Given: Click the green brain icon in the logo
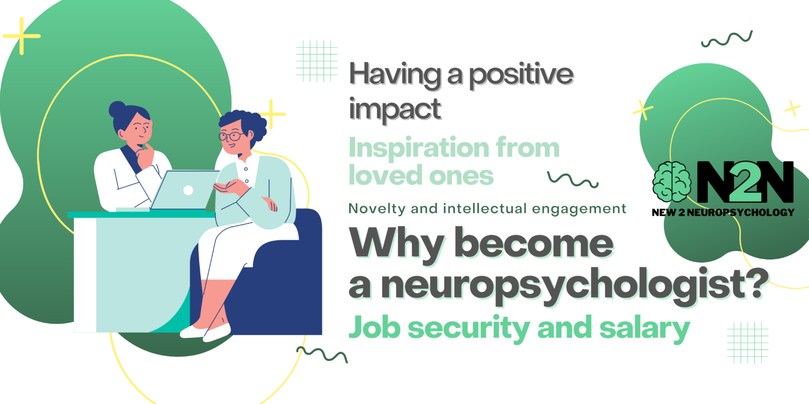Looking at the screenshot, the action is click(672, 181).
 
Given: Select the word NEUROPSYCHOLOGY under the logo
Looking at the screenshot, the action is click(741, 213).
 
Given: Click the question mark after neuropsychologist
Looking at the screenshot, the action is click(757, 283).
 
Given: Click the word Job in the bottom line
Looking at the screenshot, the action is click(374, 327).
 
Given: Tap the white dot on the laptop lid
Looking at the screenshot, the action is click(188, 190).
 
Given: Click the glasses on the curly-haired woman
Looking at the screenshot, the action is click(231, 136).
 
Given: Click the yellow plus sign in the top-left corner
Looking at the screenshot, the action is click(22, 36).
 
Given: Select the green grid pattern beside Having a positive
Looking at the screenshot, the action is click(317, 62).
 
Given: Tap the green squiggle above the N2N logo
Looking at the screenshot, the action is click(727, 39).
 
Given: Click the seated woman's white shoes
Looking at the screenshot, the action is click(205, 332).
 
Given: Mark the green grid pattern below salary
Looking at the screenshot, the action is click(747, 342).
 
